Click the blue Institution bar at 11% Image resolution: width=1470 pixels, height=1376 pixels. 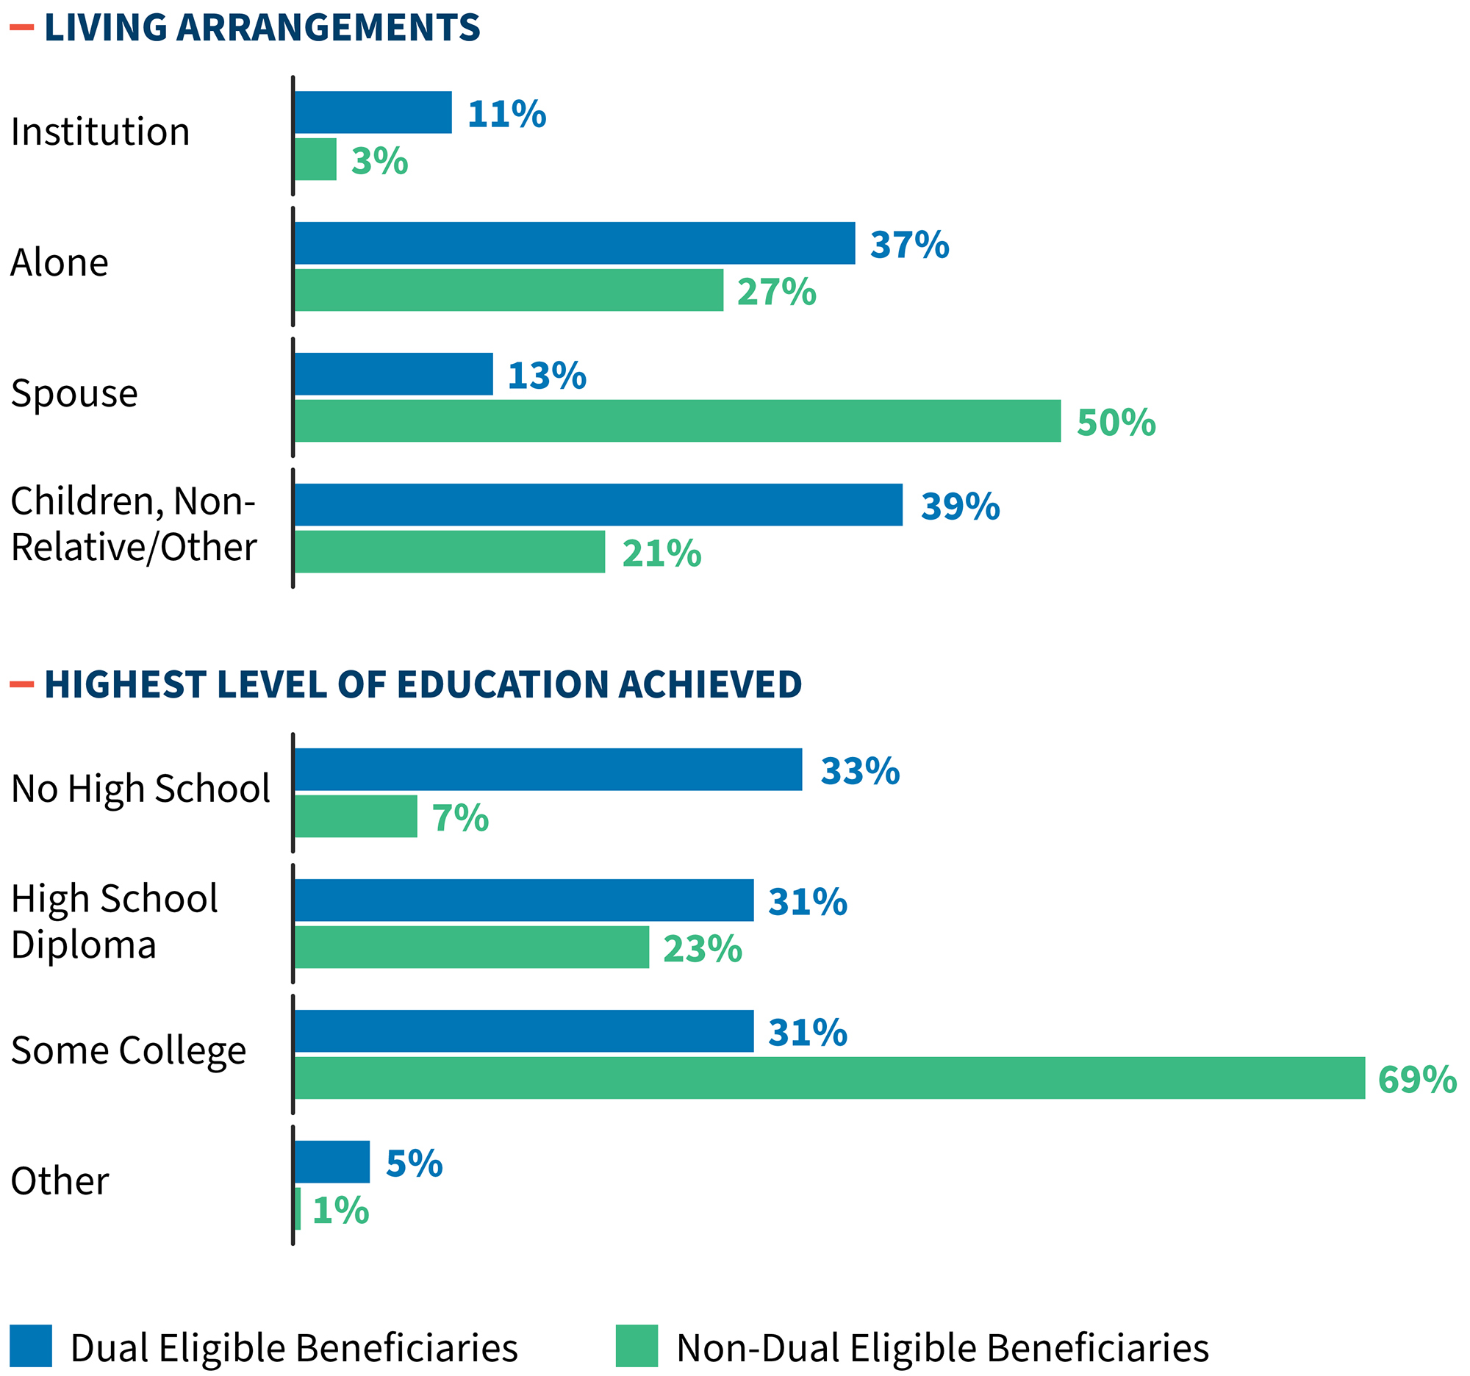point(373,112)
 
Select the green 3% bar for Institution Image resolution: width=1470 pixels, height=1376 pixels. point(316,159)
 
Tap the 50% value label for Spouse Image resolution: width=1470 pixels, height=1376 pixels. point(1115,423)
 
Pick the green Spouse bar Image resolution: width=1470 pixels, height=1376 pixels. point(677,420)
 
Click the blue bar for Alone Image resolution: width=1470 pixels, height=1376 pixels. point(575,243)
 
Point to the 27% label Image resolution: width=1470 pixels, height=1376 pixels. point(776,292)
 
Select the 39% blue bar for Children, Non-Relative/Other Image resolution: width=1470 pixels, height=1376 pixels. point(598,505)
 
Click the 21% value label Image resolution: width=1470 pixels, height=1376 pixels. point(661,553)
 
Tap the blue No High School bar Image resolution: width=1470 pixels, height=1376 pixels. point(548,770)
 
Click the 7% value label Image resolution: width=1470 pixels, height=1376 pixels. point(460,819)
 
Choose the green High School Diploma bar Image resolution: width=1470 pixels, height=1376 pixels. point(472,947)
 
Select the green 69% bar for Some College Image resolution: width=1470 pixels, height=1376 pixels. point(829,1078)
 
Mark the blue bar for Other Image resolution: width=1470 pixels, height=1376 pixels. point(332,1161)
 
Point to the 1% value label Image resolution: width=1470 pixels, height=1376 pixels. point(340,1211)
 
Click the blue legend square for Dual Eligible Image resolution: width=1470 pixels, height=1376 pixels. point(31,1346)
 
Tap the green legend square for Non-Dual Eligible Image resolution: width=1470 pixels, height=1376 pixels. point(637,1346)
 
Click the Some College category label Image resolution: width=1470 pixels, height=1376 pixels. point(129,1050)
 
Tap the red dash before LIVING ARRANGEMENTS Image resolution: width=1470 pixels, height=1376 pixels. point(22,28)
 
